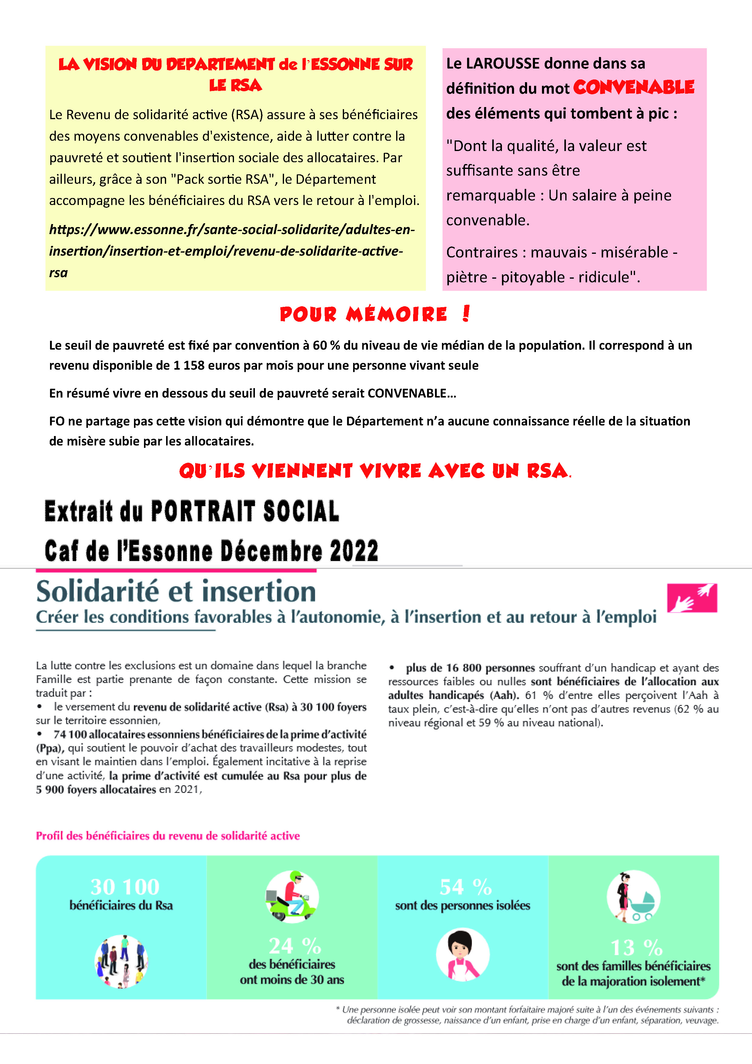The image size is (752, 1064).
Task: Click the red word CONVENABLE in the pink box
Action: [633, 87]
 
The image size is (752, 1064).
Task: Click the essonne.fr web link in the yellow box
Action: [232, 251]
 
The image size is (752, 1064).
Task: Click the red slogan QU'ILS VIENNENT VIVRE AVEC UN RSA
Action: [375, 471]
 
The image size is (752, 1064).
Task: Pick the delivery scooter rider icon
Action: [292, 896]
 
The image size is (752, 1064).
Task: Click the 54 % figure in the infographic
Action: [465, 887]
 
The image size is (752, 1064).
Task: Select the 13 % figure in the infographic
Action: [637, 947]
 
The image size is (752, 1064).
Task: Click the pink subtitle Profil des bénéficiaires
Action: [168, 836]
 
